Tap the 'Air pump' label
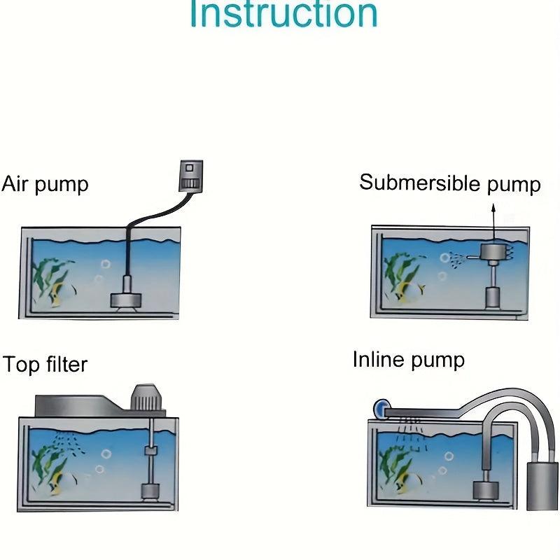(x=45, y=184)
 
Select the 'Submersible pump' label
(x=449, y=183)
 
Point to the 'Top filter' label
(x=45, y=365)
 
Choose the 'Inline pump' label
(x=408, y=360)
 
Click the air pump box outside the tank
(x=190, y=175)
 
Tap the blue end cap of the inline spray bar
(x=380, y=407)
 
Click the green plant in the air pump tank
(x=49, y=276)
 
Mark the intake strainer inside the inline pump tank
(x=483, y=489)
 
